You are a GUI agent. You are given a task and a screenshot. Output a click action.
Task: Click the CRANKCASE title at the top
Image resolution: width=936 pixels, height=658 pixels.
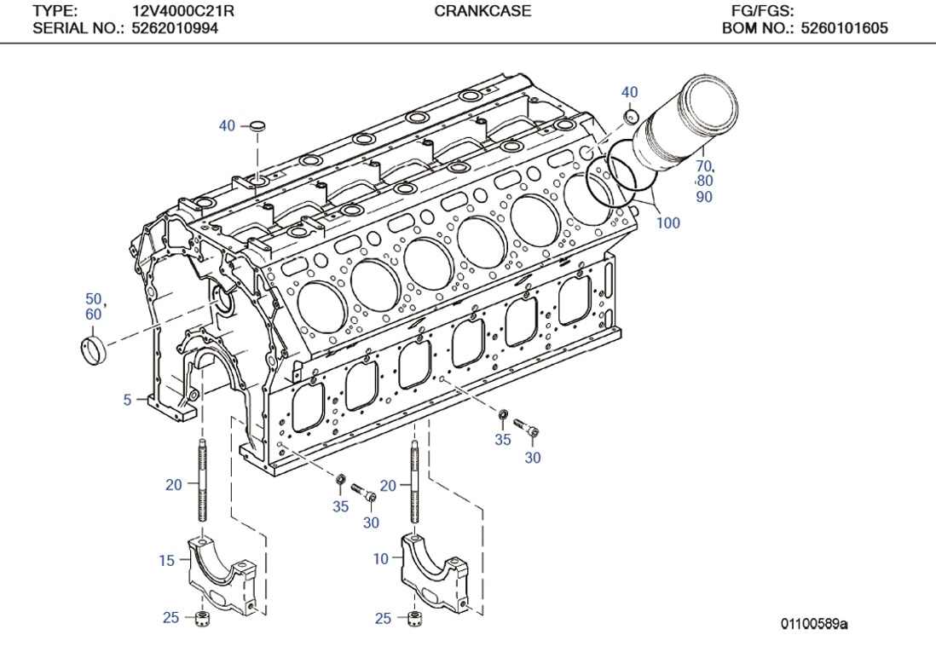pyautogui.click(x=482, y=11)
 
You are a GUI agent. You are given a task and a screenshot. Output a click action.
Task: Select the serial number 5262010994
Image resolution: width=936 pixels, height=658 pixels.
pyautogui.click(x=175, y=28)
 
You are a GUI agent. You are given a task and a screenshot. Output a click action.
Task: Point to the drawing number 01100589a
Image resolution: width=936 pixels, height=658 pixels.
pyautogui.click(x=815, y=625)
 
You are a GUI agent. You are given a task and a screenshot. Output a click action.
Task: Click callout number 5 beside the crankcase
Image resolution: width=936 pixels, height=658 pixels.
pyautogui.click(x=127, y=399)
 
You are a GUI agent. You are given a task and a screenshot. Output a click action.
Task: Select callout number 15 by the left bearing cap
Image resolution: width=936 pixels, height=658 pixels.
pyautogui.click(x=166, y=560)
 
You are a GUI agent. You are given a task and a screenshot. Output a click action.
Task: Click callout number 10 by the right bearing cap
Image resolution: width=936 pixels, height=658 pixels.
pyautogui.click(x=380, y=558)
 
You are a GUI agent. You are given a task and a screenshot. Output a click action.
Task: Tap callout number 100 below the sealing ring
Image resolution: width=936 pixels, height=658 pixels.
pyautogui.click(x=668, y=223)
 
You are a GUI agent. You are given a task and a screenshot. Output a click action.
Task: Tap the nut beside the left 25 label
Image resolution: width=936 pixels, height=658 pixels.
pyautogui.click(x=203, y=617)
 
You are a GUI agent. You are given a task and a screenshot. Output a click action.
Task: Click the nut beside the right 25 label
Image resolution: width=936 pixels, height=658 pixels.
pyautogui.click(x=415, y=617)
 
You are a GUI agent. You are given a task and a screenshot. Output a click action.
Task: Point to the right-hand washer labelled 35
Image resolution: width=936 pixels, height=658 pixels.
pyautogui.click(x=504, y=416)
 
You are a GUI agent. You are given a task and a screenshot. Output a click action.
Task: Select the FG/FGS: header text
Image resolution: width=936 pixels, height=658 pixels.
pyautogui.click(x=762, y=11)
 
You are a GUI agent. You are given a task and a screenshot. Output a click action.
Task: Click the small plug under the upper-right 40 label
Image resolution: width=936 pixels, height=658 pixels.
pyautogui.click(x=630, y=115)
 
